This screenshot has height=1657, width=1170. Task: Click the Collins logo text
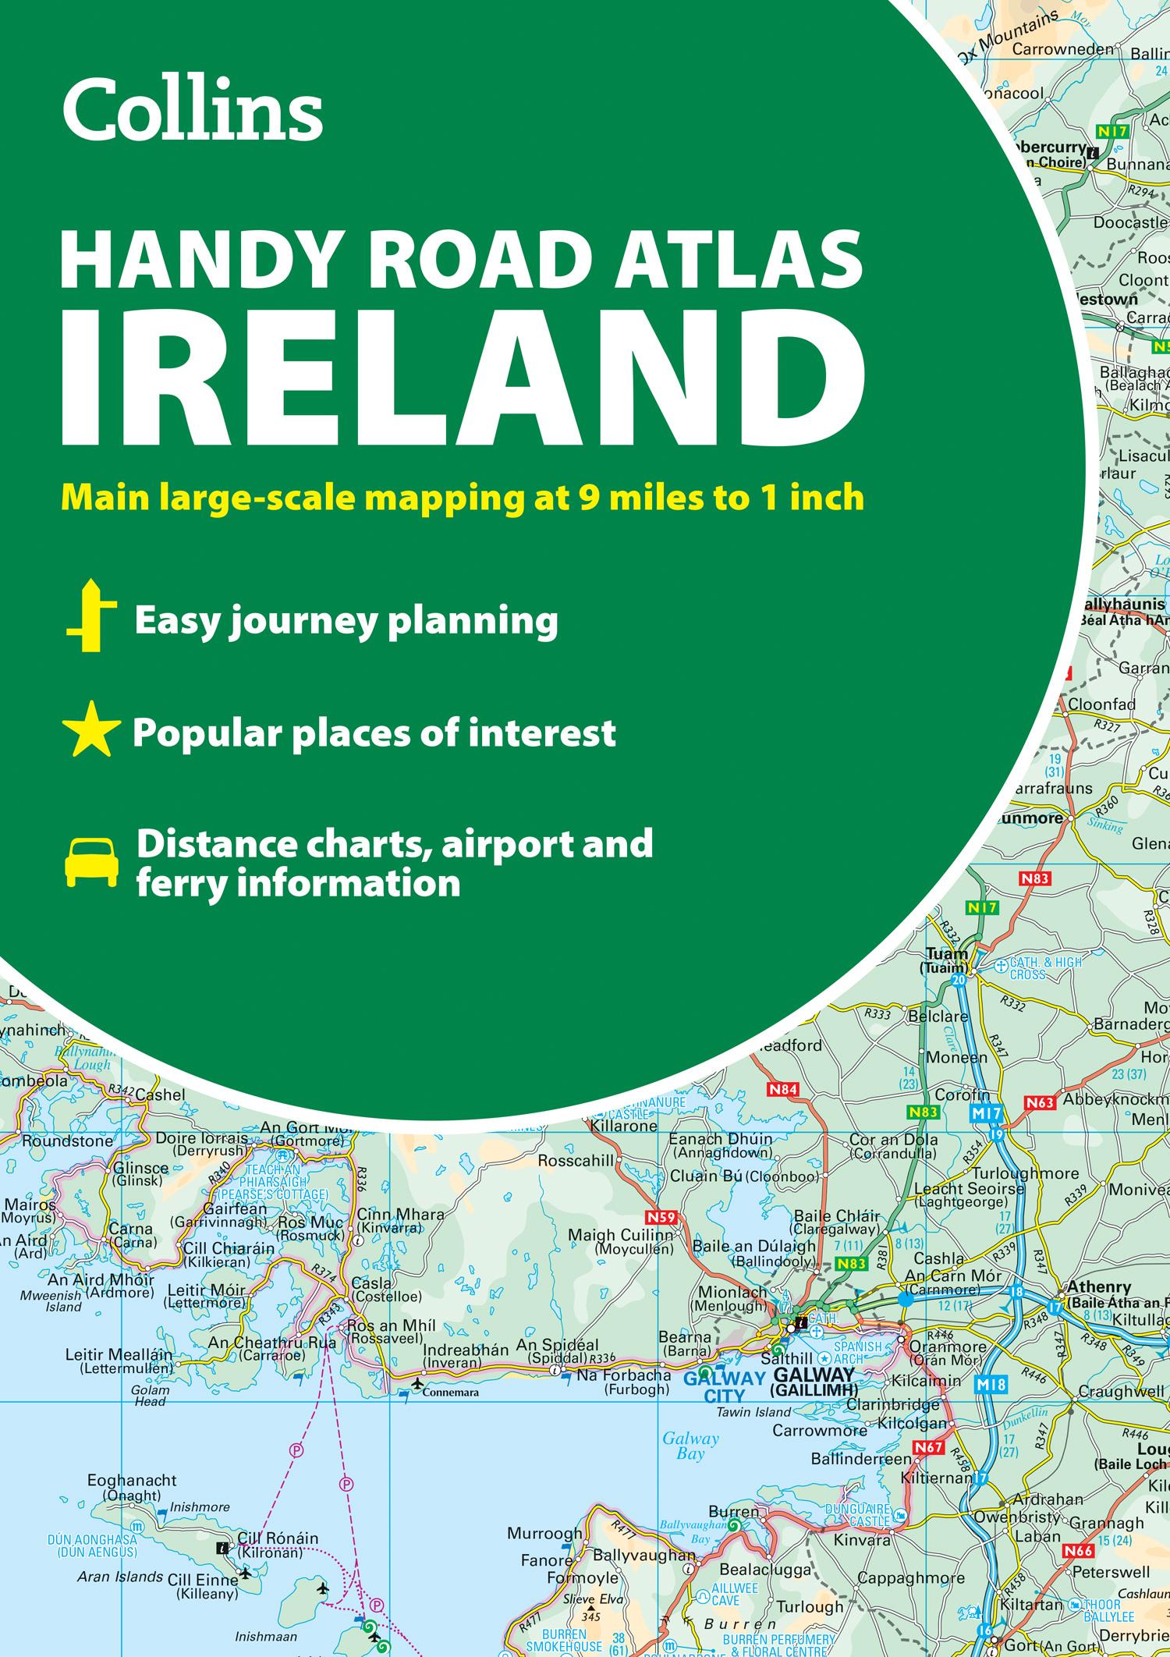192,110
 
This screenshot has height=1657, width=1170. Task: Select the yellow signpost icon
91,616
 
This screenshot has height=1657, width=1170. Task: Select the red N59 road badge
661,1218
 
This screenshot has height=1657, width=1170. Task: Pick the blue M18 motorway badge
990,1385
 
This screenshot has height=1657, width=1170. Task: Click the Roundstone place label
57,1141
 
